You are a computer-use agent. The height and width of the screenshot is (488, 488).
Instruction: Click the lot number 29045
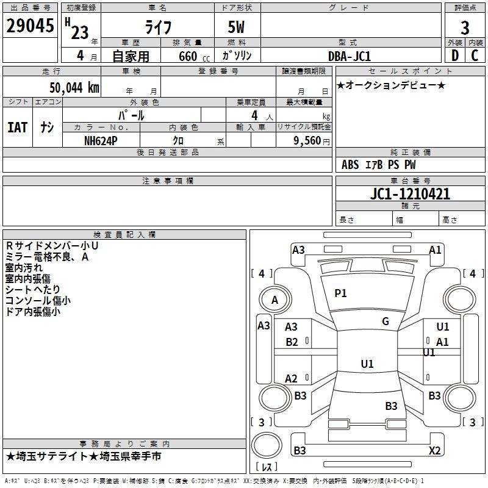click(30, 26)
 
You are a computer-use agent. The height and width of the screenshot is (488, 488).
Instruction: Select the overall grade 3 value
click(465, 28)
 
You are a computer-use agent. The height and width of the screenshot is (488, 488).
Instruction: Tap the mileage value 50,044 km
click(74, 88)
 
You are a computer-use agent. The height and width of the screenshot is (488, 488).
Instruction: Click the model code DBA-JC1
click(350, 56)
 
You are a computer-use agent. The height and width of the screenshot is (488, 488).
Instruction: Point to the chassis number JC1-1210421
click(410, 194)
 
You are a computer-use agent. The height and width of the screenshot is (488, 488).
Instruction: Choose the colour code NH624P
click(101, 141)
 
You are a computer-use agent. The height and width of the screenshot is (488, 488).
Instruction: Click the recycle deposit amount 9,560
click(307, 141)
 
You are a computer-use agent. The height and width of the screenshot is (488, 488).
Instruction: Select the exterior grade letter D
click(455, 56)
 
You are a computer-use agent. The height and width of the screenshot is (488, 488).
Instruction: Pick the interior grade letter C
click(475, 56)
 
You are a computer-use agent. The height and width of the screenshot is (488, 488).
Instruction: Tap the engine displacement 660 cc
click(194, 57)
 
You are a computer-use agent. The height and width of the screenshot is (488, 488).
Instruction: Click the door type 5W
click(236, 27)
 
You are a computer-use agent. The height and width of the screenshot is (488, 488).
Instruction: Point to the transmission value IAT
click(18, 127)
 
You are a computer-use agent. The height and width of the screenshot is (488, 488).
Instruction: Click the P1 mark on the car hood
click(340, 293)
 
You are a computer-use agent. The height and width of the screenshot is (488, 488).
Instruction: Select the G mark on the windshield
click(386, 321)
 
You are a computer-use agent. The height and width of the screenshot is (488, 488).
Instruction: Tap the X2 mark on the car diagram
click(434, 450)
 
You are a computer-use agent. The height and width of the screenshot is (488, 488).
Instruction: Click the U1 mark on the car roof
click(367, 364)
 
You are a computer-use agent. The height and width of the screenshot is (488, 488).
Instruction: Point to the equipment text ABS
click(350, 165)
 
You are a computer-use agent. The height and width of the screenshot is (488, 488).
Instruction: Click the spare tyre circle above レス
click(267, 445)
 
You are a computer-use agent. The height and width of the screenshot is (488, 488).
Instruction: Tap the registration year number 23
click(80, 32)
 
